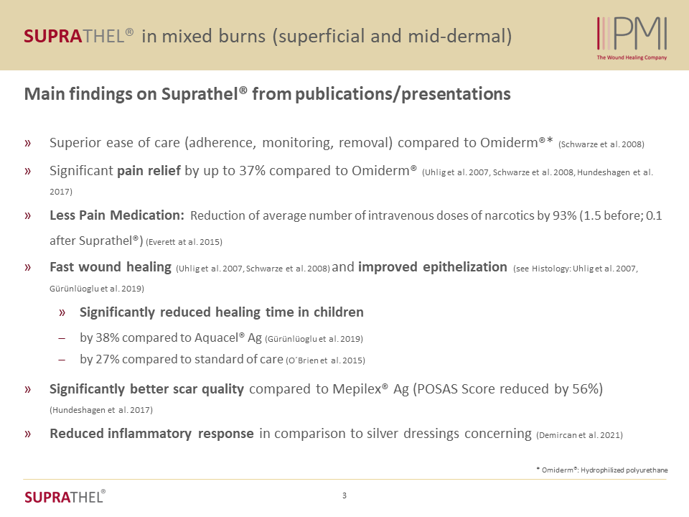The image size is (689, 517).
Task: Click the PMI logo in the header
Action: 632,34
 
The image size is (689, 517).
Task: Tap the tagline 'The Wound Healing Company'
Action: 632,57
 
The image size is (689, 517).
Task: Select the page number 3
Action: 344,495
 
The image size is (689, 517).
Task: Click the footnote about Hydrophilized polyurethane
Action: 602,470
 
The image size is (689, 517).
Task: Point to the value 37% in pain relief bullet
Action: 252,171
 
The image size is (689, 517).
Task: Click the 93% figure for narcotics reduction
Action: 565,215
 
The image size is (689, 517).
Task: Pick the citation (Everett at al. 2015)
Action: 184,242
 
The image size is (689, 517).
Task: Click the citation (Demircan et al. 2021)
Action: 580,435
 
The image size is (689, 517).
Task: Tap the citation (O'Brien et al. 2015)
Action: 326,360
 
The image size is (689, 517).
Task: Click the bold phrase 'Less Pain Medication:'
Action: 117,215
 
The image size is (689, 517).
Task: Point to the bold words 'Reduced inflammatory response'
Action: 151,434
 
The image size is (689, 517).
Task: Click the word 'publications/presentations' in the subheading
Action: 403,94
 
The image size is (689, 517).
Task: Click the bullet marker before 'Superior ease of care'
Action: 28,143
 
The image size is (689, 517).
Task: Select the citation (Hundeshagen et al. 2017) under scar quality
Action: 101,410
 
